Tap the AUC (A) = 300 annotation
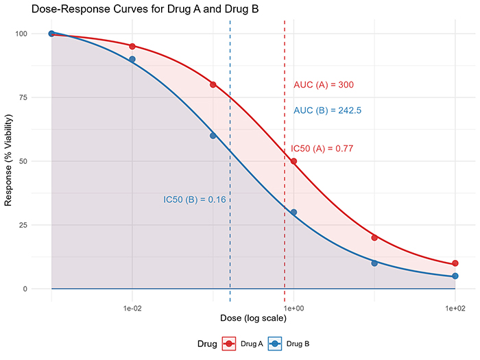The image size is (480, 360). tap(324, 85)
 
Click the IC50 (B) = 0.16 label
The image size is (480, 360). tap(195, 200)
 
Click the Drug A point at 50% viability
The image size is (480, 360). tap(293, 161)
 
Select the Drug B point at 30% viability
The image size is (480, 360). tap(293, 213)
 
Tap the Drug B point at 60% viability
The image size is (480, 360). tap(213, 136)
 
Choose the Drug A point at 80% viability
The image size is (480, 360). tap(213, 84)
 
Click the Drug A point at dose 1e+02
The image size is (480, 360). tap(455, 263)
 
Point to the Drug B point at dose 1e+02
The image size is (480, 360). tap(455, 276)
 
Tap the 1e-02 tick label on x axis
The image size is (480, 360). tap(132, 309)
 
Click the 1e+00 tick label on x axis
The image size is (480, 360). tap(293, 309)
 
